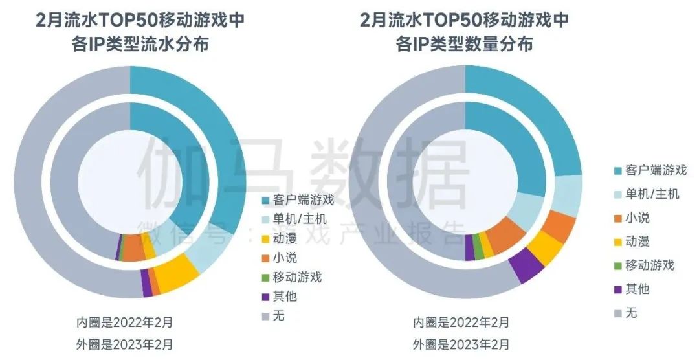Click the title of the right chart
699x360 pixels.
[x=464, y=32]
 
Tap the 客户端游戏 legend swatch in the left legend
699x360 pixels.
[x=265, y=199]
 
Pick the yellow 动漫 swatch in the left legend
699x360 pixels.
[x=265, y=238]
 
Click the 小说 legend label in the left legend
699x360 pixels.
[x=285, y=258]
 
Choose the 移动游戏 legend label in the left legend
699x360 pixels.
[x=297, y=277]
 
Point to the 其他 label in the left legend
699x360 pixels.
[x=285, y=297]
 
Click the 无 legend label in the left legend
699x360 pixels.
[x=279, y=316]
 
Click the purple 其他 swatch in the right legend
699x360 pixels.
[x=617, y=289]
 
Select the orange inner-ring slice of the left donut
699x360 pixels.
[x=134, y=247]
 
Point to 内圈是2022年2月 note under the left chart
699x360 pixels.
[x=124, y=322]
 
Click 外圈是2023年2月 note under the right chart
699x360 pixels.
[x=461, y=343]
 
